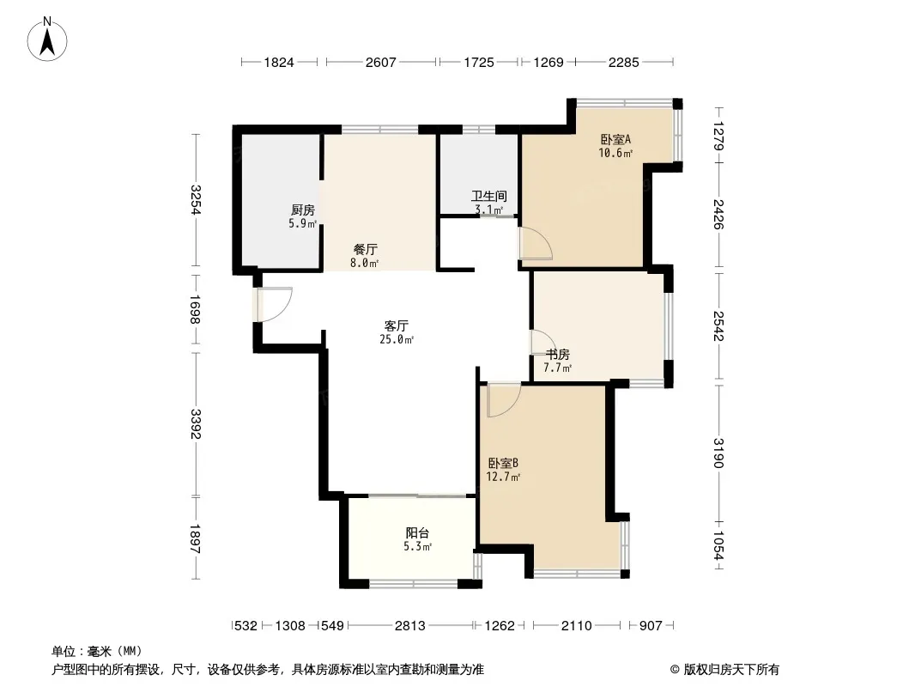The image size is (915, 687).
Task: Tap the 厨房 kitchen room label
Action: point(302,210)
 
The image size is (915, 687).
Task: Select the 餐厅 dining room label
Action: point(366,249)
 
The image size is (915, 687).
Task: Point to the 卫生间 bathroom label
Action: point(489,196)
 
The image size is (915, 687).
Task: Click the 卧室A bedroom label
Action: point(615,139)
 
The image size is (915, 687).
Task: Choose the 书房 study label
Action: point(558,355)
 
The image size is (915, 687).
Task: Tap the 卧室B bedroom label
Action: point(503,464)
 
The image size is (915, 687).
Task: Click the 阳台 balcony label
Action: point(418,533)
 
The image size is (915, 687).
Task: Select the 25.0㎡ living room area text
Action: point(397,339)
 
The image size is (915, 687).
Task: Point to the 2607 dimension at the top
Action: point(380,62)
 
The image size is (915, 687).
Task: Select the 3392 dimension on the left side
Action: point(196,424)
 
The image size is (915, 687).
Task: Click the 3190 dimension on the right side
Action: point(718,453)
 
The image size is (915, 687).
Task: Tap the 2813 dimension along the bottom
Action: point(410,626)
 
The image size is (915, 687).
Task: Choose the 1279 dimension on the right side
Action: point(718,136)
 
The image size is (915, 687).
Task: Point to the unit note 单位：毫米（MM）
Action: point(97,651)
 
